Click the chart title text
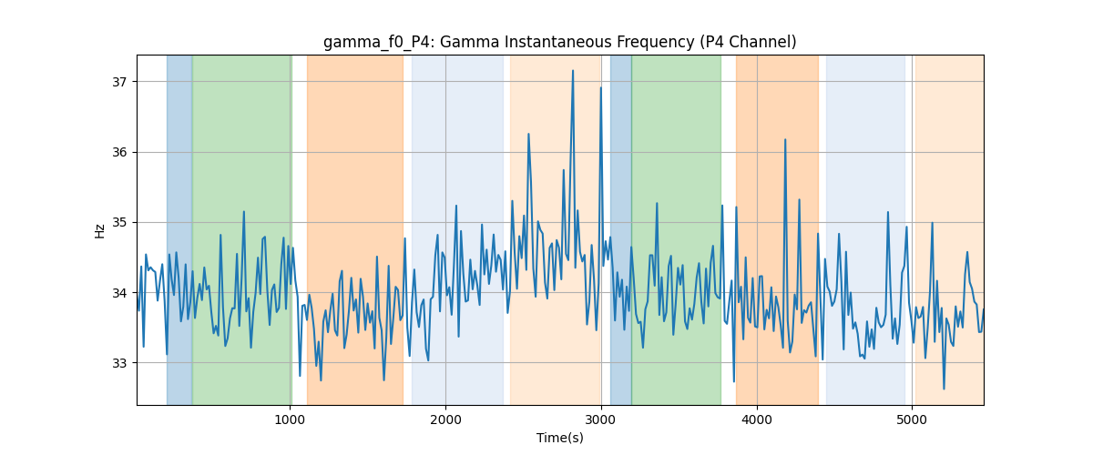click(559, 42)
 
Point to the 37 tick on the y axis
click(119, 82)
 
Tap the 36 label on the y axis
click(119, 152)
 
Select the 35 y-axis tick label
click(119, 223)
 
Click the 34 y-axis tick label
click(119, 293)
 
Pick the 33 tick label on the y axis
click(119, 363)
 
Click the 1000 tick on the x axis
click(290, 420)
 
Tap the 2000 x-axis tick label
click(445, 420)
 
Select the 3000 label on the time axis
click(601, 420)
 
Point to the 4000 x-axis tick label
click(757, 420)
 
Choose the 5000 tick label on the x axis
click(912, 420)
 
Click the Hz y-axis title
click(99, 231)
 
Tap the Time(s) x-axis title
click(559, 438)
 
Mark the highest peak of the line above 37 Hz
click(573, 71)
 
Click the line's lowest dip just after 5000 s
click(944, 389)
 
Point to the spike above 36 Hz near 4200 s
click(785, 140)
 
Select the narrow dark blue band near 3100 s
click(621, 229)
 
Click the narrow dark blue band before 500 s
click(179, 229)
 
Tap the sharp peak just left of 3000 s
click(600, 87)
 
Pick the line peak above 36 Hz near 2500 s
click(528, 134)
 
